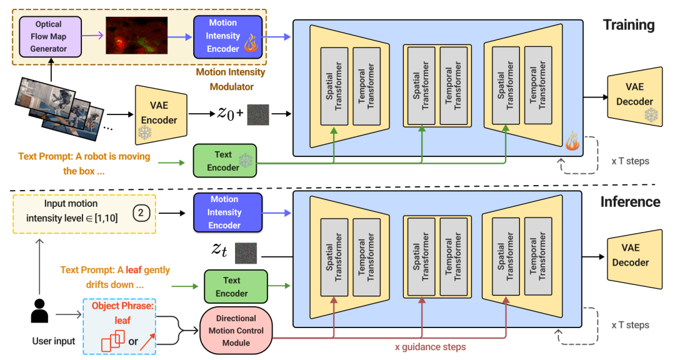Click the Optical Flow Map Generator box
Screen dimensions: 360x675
coord(51,36)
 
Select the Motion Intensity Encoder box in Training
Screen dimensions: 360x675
coord(222,36)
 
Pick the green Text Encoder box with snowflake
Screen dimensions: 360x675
coord(224,161)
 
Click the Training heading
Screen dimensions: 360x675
coord(628,26)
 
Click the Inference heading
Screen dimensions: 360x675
coord(630,202)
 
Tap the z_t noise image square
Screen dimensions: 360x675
coord(246,253)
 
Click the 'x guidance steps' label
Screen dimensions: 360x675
coord(430,347)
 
